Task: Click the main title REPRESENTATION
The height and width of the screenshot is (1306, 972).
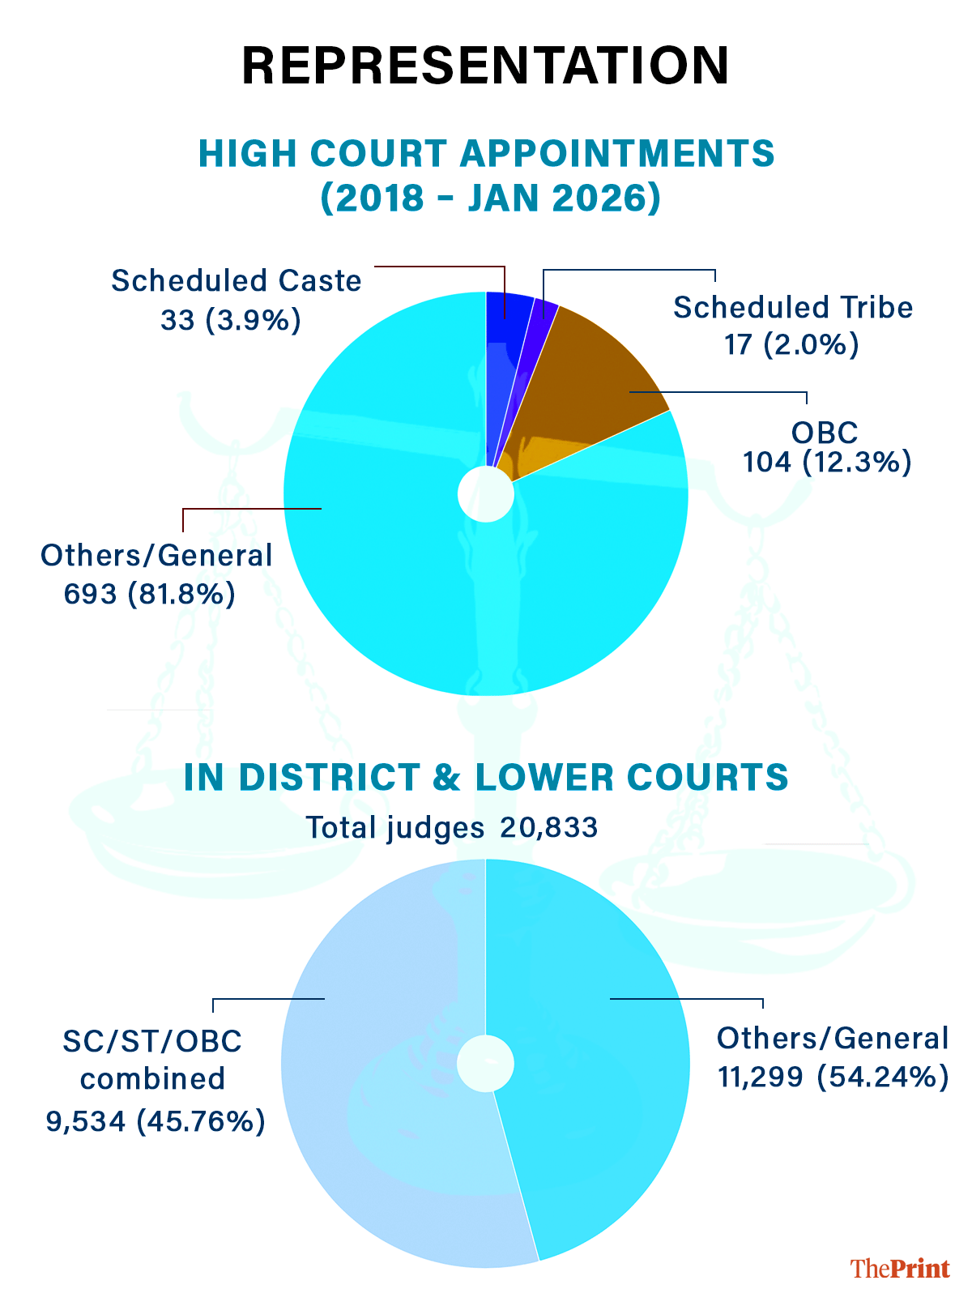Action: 486,66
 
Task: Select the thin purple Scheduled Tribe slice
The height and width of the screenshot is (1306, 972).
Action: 539,340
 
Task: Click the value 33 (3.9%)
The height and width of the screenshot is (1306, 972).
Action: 231,321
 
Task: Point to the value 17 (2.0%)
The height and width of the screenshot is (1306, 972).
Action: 791,345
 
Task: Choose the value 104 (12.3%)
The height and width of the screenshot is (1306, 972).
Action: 827,463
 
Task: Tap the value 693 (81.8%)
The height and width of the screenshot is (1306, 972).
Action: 150,595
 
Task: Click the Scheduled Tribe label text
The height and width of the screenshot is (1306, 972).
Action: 793,308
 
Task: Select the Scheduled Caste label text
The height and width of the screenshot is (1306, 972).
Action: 237,281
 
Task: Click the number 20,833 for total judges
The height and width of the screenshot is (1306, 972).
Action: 549,828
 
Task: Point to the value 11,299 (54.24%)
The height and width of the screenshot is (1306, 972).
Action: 833,1077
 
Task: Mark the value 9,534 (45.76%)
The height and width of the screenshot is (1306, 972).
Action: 156,1121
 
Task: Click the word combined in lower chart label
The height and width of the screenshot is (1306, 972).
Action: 153,1079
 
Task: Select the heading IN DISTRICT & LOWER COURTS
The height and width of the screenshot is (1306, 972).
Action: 486,778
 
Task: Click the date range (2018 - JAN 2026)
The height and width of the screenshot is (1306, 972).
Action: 491,198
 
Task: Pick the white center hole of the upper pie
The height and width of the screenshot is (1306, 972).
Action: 486,493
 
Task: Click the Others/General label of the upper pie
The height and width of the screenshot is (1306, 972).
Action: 156,556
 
